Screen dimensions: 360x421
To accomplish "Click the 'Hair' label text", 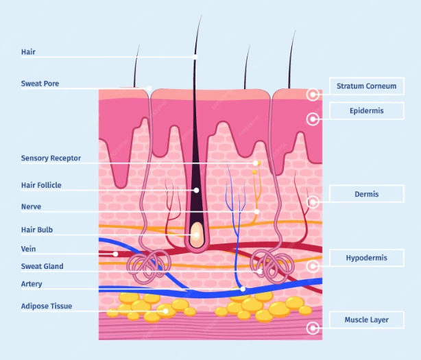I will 28,52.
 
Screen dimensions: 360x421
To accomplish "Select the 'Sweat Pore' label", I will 40,84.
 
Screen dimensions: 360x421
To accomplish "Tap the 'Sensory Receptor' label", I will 51,158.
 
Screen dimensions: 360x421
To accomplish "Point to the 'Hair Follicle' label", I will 40,184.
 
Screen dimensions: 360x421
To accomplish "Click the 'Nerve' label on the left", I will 31,206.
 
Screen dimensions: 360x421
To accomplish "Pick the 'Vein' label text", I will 28,249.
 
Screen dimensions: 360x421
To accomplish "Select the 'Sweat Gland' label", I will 42,266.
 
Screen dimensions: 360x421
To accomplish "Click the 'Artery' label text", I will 32,283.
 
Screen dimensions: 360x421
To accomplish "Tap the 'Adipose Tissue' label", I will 46,306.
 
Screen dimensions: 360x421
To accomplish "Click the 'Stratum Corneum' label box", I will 366,86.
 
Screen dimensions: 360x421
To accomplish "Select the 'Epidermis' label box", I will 366,110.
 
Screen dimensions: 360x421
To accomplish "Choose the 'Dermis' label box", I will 366,194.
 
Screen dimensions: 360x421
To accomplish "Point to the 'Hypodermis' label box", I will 366,258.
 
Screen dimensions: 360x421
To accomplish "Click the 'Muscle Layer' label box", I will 366,320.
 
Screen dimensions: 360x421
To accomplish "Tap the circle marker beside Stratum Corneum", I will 313,95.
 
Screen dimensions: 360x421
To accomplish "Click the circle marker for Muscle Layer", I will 313,328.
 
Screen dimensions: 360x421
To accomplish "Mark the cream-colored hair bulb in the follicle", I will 197,232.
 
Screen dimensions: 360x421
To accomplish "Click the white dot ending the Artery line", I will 243,289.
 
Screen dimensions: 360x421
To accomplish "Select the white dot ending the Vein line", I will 116,254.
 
